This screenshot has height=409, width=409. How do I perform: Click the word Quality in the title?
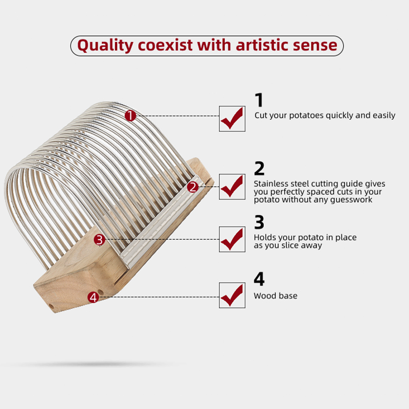coord(105,46)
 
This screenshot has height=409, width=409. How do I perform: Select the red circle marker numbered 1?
coord(130,116)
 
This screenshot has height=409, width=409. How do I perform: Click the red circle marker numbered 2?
coord(193,187)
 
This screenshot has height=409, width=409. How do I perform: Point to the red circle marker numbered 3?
coord(99,240)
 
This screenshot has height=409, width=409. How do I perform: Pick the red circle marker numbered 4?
coord(93,298)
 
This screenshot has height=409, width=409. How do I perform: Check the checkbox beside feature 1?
coord(232,119)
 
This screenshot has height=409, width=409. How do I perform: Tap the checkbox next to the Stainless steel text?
coord(232,187)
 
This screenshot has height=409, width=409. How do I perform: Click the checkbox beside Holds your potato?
coord(232,239)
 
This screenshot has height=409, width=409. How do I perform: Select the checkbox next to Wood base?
coord(232,295)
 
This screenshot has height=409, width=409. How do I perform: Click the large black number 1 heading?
coord(259,100)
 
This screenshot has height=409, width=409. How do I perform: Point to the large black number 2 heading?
coord(259,168)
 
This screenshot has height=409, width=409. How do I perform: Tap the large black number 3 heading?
coord(259,222)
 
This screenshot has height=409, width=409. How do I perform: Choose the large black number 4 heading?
coord(259,279)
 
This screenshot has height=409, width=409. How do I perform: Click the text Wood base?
coord(276,296)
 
